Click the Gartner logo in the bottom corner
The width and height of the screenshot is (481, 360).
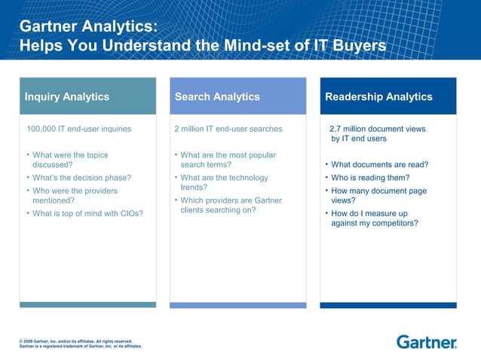[426, 343]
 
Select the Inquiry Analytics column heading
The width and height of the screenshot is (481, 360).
[67, 96]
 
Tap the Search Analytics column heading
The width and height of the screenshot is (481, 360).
[217, 96]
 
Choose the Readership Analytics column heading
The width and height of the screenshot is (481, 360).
[378, 96]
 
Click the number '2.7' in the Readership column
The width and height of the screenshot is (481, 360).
[336, 129]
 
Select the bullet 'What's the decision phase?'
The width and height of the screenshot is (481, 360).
[81, 178]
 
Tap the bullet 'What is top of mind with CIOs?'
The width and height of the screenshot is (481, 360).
[88, 214]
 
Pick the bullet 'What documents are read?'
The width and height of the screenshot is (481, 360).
[380, 165]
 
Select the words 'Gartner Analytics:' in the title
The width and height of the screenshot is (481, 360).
[89, 26]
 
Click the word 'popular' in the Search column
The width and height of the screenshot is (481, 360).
[261, 155]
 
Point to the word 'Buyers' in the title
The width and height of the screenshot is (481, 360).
[354, 46]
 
